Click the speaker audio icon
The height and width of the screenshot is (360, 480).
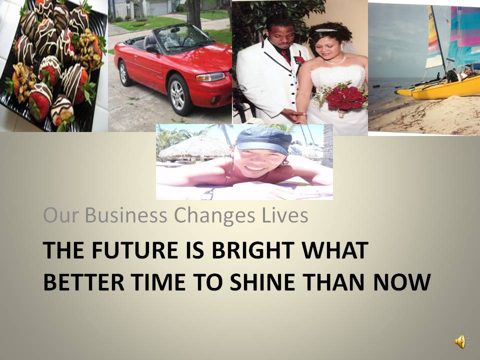tap(460, 341)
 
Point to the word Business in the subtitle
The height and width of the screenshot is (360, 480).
tap(126, 215)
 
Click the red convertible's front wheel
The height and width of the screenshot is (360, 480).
tap(179, 94)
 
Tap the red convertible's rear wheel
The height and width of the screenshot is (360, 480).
tap(124, 73)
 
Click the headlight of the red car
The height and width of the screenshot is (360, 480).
tap(210, 76)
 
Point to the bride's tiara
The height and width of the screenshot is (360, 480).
tap(325, 30)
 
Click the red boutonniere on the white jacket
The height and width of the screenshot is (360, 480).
tap(299, 60)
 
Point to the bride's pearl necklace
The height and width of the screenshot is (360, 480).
tap(335, 60)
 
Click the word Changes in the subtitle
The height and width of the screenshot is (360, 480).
tap(214, 215)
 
